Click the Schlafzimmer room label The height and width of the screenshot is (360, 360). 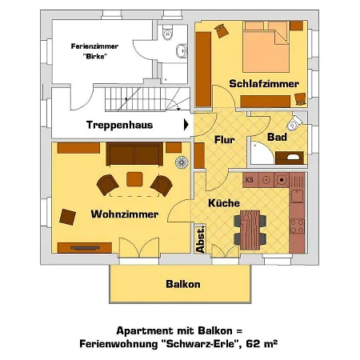click(263, 83)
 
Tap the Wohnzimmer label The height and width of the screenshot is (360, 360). click(124, 214)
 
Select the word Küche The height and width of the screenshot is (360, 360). click(224, 203)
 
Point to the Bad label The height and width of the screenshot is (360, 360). click(277, 138)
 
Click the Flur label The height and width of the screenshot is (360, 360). click(224, 141)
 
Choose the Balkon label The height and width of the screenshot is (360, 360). click(182, 284)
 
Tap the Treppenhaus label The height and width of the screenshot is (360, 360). click(130, 125)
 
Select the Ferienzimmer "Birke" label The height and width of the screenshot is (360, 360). click(87, 52)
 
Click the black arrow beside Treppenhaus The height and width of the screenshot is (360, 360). click(186, 125)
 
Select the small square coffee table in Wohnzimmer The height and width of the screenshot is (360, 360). click(134, 178)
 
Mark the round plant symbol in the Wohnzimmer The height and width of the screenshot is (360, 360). click(182, 161)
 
